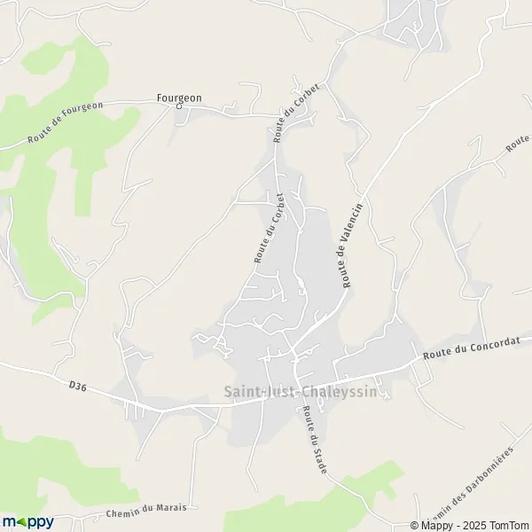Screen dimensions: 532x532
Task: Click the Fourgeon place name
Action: click(x=178, y=98)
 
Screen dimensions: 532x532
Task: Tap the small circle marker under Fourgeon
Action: click(x=178, y=106)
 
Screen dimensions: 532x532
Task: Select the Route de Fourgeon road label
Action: click(x=66, y=121)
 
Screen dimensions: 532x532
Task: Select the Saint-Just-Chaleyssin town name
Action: click(x=307, y=390)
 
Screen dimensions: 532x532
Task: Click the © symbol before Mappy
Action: click(x=416, y=525)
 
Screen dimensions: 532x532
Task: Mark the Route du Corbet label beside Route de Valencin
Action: click(x=269, y=228)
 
